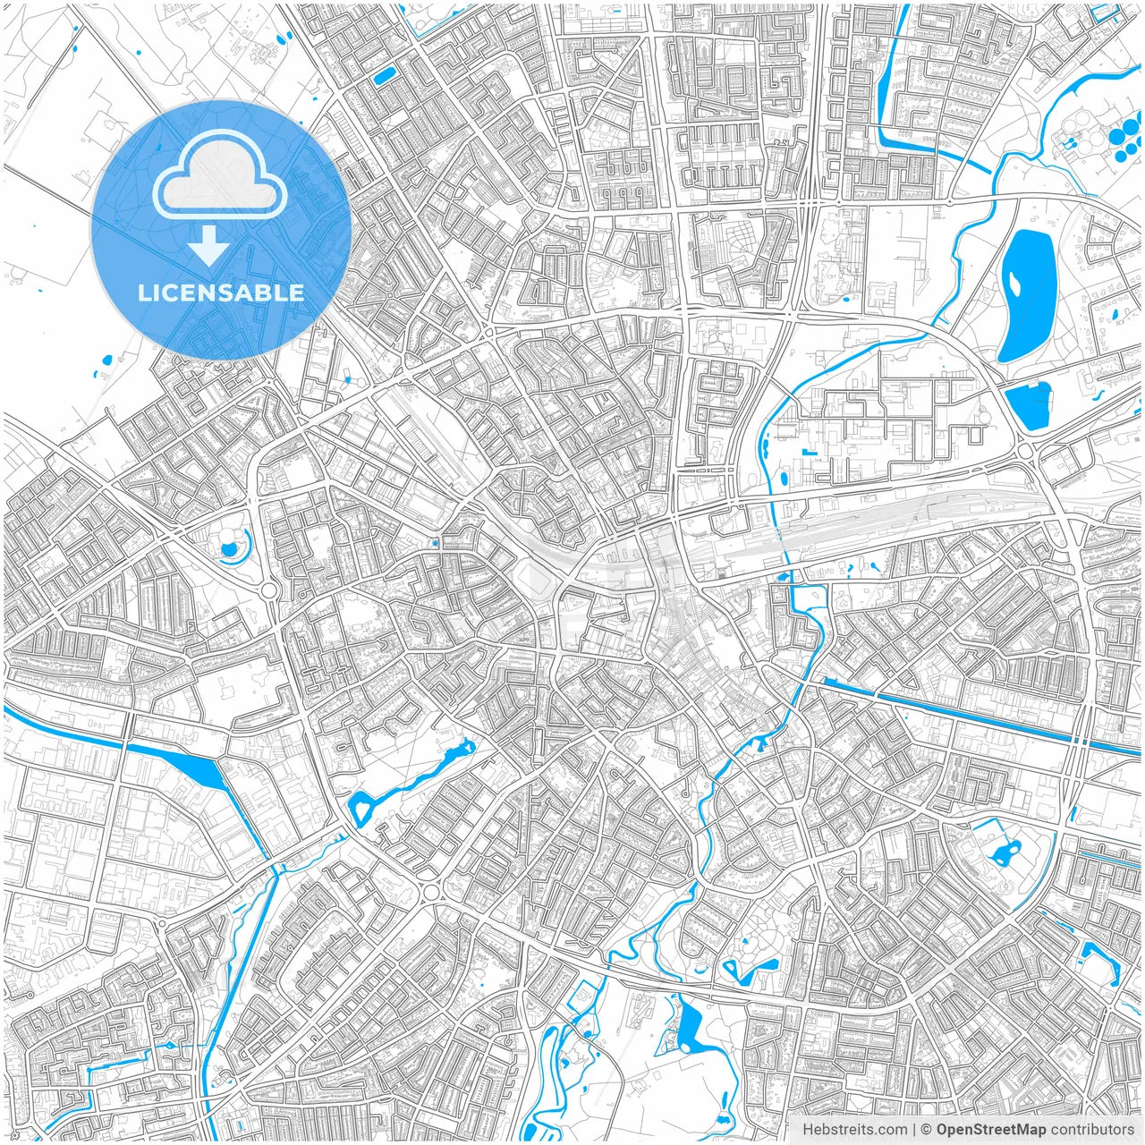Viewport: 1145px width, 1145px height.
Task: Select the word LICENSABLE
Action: point(220,293)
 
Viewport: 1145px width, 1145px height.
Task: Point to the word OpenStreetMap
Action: point(991,1130)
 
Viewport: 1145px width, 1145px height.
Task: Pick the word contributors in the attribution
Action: point(1092,1130)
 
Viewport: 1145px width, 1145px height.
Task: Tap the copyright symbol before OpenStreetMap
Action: point(927,1130)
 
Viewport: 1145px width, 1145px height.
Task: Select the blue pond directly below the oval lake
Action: point(1031,405)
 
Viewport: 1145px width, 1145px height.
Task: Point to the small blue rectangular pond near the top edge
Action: point(385,75)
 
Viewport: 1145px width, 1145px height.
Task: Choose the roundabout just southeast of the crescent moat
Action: point(268,590)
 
